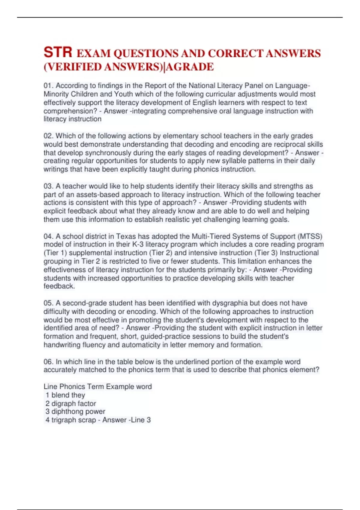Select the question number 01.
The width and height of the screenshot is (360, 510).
[48, 86]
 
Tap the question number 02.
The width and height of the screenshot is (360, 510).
[48, 136]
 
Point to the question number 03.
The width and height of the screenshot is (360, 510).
[48, 186]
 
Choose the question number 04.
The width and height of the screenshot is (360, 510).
[48, 236]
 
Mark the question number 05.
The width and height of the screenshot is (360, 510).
[48, 303]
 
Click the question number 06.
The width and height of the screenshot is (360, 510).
[48, 362]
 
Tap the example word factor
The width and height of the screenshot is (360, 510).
[86, 403]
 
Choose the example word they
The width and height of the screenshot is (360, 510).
[77, 395]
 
